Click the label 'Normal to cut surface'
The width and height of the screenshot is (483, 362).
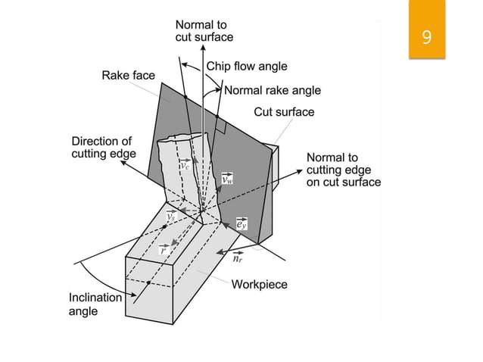204,31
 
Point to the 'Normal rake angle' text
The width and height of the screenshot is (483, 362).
273,90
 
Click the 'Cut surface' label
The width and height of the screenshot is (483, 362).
284,112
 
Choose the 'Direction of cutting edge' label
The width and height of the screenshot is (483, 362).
101,148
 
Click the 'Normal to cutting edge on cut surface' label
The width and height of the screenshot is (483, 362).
343,170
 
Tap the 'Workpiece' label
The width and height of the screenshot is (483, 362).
259,285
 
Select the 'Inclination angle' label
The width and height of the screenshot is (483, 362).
95,304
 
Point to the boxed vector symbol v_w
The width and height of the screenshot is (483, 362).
228,179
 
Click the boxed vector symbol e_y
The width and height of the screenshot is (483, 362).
240,223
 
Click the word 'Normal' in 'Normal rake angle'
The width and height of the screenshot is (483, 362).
243,90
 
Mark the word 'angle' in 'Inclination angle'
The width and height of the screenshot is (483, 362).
83,312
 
